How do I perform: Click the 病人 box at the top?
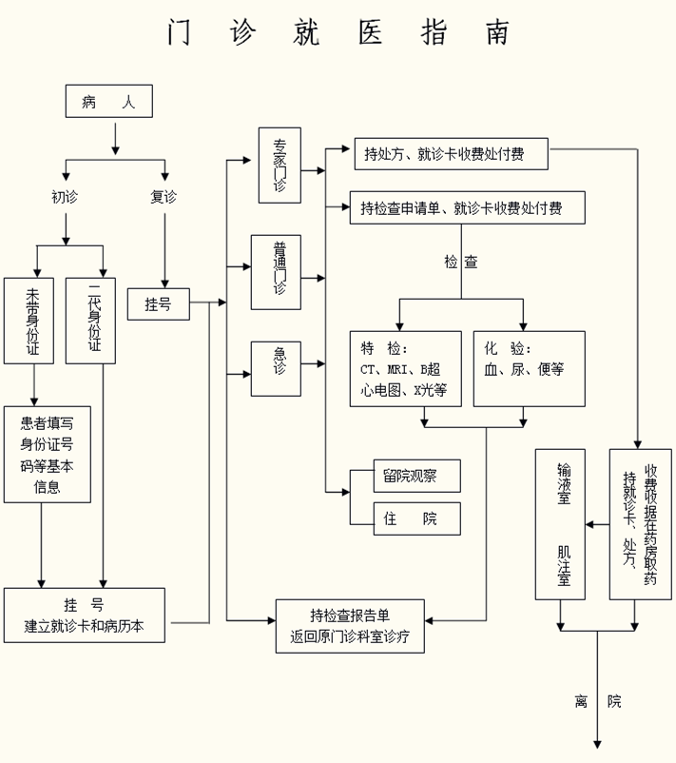tap(108, 102)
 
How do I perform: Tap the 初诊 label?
tap(66, 197)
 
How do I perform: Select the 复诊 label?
tap(164, 197)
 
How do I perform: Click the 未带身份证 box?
tap(29, 321)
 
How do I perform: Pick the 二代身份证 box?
tap(90, 321)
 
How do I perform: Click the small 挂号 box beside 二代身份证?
tap(158, 303)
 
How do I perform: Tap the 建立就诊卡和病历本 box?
tap(84, 616)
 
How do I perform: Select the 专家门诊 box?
tap(280, 165)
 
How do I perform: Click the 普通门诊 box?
tap(276, 271)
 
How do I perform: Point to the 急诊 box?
tap(276, 367)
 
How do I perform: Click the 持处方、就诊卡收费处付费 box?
tap(443, 152)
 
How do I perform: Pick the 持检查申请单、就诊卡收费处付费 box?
tap(461, 206)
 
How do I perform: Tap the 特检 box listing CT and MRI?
tap(405, 368)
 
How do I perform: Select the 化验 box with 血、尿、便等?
tap(530, 368)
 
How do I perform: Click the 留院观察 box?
tap(416, 476)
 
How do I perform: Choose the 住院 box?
tap(416, 518)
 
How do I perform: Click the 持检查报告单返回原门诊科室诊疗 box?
tap(350, 627)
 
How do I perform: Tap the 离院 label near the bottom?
tap(597, 701)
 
